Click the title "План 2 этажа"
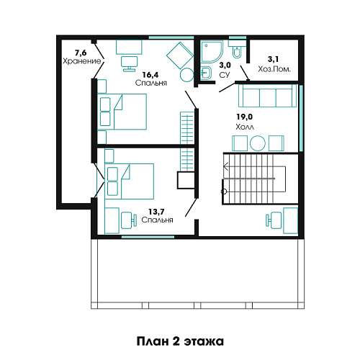(180, 341)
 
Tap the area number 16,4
(150, 75)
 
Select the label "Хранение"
(82, 61)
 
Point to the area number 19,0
(245, 117)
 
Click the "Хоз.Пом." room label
(274, 69)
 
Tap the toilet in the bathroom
(237, 50)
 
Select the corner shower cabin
(212, 51)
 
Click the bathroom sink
(206, 73)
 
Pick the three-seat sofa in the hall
(267, 96)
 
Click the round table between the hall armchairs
(258, 143)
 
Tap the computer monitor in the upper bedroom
(129, 64)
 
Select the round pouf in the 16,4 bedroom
(186, 75)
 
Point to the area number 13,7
(156, 212)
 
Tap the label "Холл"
(245, 127)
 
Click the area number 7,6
(81, 53)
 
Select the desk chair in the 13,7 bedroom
(129, 220)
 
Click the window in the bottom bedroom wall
(148, 237)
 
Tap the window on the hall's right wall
(301, 118)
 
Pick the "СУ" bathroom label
(225, 75)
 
